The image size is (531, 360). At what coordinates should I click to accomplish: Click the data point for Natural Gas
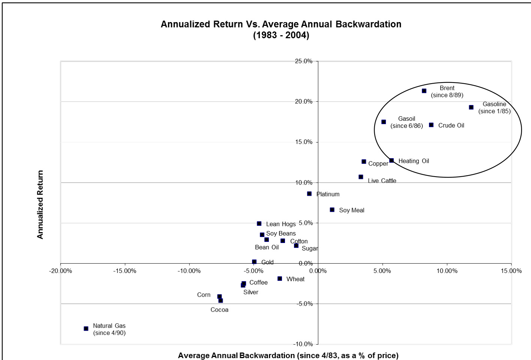(86, 328)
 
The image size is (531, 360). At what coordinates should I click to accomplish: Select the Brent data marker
(424, 91)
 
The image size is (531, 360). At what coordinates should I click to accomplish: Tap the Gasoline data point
(471, 107)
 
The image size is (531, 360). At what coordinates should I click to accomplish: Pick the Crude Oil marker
(431, 125)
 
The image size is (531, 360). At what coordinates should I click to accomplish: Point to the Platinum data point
(309, 194)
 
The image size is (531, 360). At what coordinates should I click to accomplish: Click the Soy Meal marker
(332, 210)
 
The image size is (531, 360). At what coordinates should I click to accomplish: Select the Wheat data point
(280, 279)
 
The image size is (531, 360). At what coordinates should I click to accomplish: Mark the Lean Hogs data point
(259, 223)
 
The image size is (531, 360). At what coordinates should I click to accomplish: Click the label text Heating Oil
(414, 161)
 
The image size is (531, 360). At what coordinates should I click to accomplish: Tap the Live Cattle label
(382, 181)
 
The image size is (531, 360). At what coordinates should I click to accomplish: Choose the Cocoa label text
(219, 310)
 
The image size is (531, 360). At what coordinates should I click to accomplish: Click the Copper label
(378, 163)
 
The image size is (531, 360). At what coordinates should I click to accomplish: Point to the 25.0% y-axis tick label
(304, 61)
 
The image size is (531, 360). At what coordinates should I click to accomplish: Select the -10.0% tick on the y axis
(303, 344)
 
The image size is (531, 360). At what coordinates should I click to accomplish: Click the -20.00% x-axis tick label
(61, 271)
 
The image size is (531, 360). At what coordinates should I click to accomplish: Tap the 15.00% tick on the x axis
(511, 271)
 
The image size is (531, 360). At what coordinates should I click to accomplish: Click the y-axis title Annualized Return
(40, 205)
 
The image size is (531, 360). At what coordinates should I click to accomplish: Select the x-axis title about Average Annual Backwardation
(288, 355)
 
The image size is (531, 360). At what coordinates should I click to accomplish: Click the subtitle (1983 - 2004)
(281, 35)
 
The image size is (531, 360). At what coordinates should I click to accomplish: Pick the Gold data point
(254, 262)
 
